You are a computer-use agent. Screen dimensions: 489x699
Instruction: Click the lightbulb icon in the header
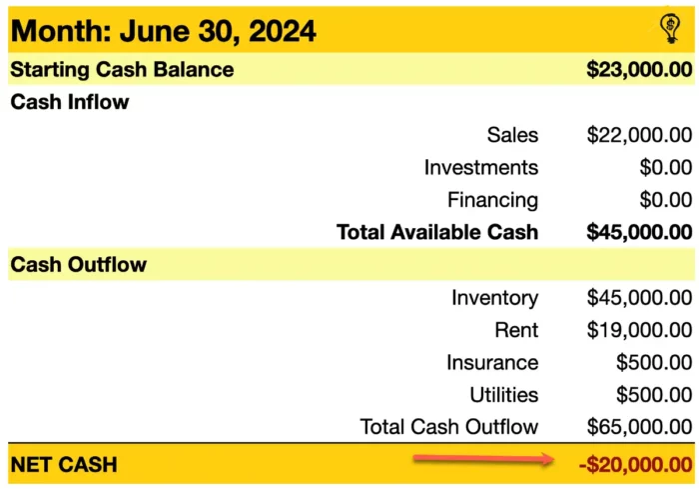coord(670,28)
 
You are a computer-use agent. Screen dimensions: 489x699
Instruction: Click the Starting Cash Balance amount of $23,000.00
coord(639,70)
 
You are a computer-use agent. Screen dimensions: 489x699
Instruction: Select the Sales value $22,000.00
coord(639,135)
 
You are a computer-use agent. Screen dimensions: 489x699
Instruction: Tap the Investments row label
coord(480,167)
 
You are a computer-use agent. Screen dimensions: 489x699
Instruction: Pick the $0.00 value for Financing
coord(665,199)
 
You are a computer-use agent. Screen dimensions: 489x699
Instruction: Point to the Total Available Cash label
coord(437,232)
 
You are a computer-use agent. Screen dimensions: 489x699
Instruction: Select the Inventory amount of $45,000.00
coord(639,297)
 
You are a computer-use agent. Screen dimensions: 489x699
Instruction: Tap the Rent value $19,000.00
coord(639,330)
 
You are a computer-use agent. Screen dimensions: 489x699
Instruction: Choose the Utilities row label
coord(503,394)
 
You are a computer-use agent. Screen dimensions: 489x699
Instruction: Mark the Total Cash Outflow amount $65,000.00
coord(639,427)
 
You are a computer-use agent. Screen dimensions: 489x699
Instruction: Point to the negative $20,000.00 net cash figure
coord(634,464)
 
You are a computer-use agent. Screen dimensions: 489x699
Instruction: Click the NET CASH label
coord(64,464)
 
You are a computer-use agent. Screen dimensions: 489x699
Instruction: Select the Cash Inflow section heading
coord(69,102)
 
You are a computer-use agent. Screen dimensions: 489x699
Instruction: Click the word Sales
coord(512,135)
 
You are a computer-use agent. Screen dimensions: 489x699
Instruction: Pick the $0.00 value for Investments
coord(665,167)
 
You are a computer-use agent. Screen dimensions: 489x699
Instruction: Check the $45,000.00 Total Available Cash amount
coord(639,232)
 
